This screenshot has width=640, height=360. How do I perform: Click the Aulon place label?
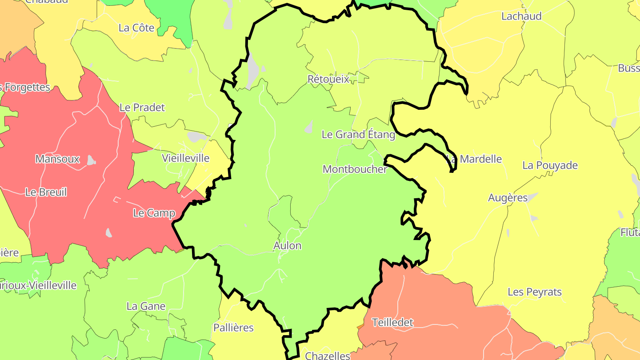[287, 246]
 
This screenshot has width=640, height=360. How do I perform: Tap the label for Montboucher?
[355, 169]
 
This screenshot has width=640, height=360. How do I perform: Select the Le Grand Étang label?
[358, 135]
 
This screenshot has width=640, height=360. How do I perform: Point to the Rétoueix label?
[328, 79]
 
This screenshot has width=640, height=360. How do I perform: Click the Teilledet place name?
[392, 323]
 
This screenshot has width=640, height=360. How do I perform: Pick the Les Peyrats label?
[535, 292]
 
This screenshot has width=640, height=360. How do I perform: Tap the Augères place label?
[508, 198]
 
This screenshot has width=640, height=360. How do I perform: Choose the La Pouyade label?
[550, 165]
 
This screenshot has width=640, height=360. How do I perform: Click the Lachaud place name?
[521, 16]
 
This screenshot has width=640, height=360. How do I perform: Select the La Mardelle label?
[475, 159]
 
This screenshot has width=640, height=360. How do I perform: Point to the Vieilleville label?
[185, 158]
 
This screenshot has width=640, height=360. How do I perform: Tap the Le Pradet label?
[142, 108]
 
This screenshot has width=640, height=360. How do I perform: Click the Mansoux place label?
[57, 159]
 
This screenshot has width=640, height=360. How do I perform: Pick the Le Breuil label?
[46, 192]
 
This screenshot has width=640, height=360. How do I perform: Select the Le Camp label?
[154, 213]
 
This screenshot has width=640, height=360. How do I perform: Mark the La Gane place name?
[146, 306]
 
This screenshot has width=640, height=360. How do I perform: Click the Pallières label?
[233, 328]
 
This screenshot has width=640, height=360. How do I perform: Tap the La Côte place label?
[136, 28]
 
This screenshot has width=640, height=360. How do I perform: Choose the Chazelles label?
[328, 356]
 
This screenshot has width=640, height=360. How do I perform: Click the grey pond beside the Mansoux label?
[91, 160]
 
